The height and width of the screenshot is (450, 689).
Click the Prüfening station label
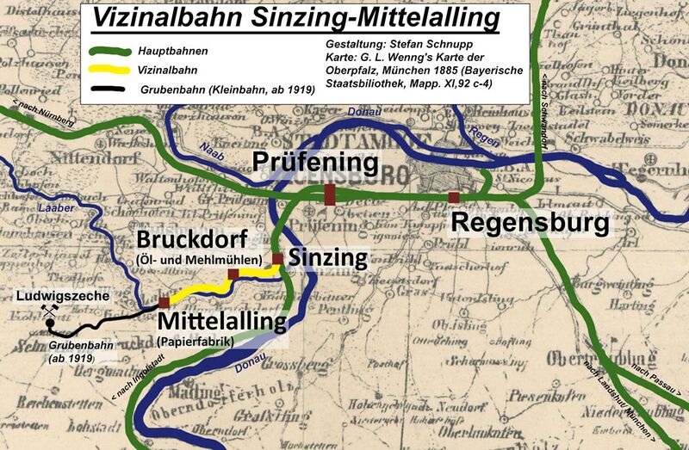tap(315, 162)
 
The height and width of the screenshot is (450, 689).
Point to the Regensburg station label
tap(530, 224)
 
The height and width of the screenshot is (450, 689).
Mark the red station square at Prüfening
tap(329, 194)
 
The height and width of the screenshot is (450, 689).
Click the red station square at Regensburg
tap(453, 198)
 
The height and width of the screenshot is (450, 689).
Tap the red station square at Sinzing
tap(277, 258)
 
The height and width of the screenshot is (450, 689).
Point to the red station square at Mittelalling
tap(164, 302)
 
